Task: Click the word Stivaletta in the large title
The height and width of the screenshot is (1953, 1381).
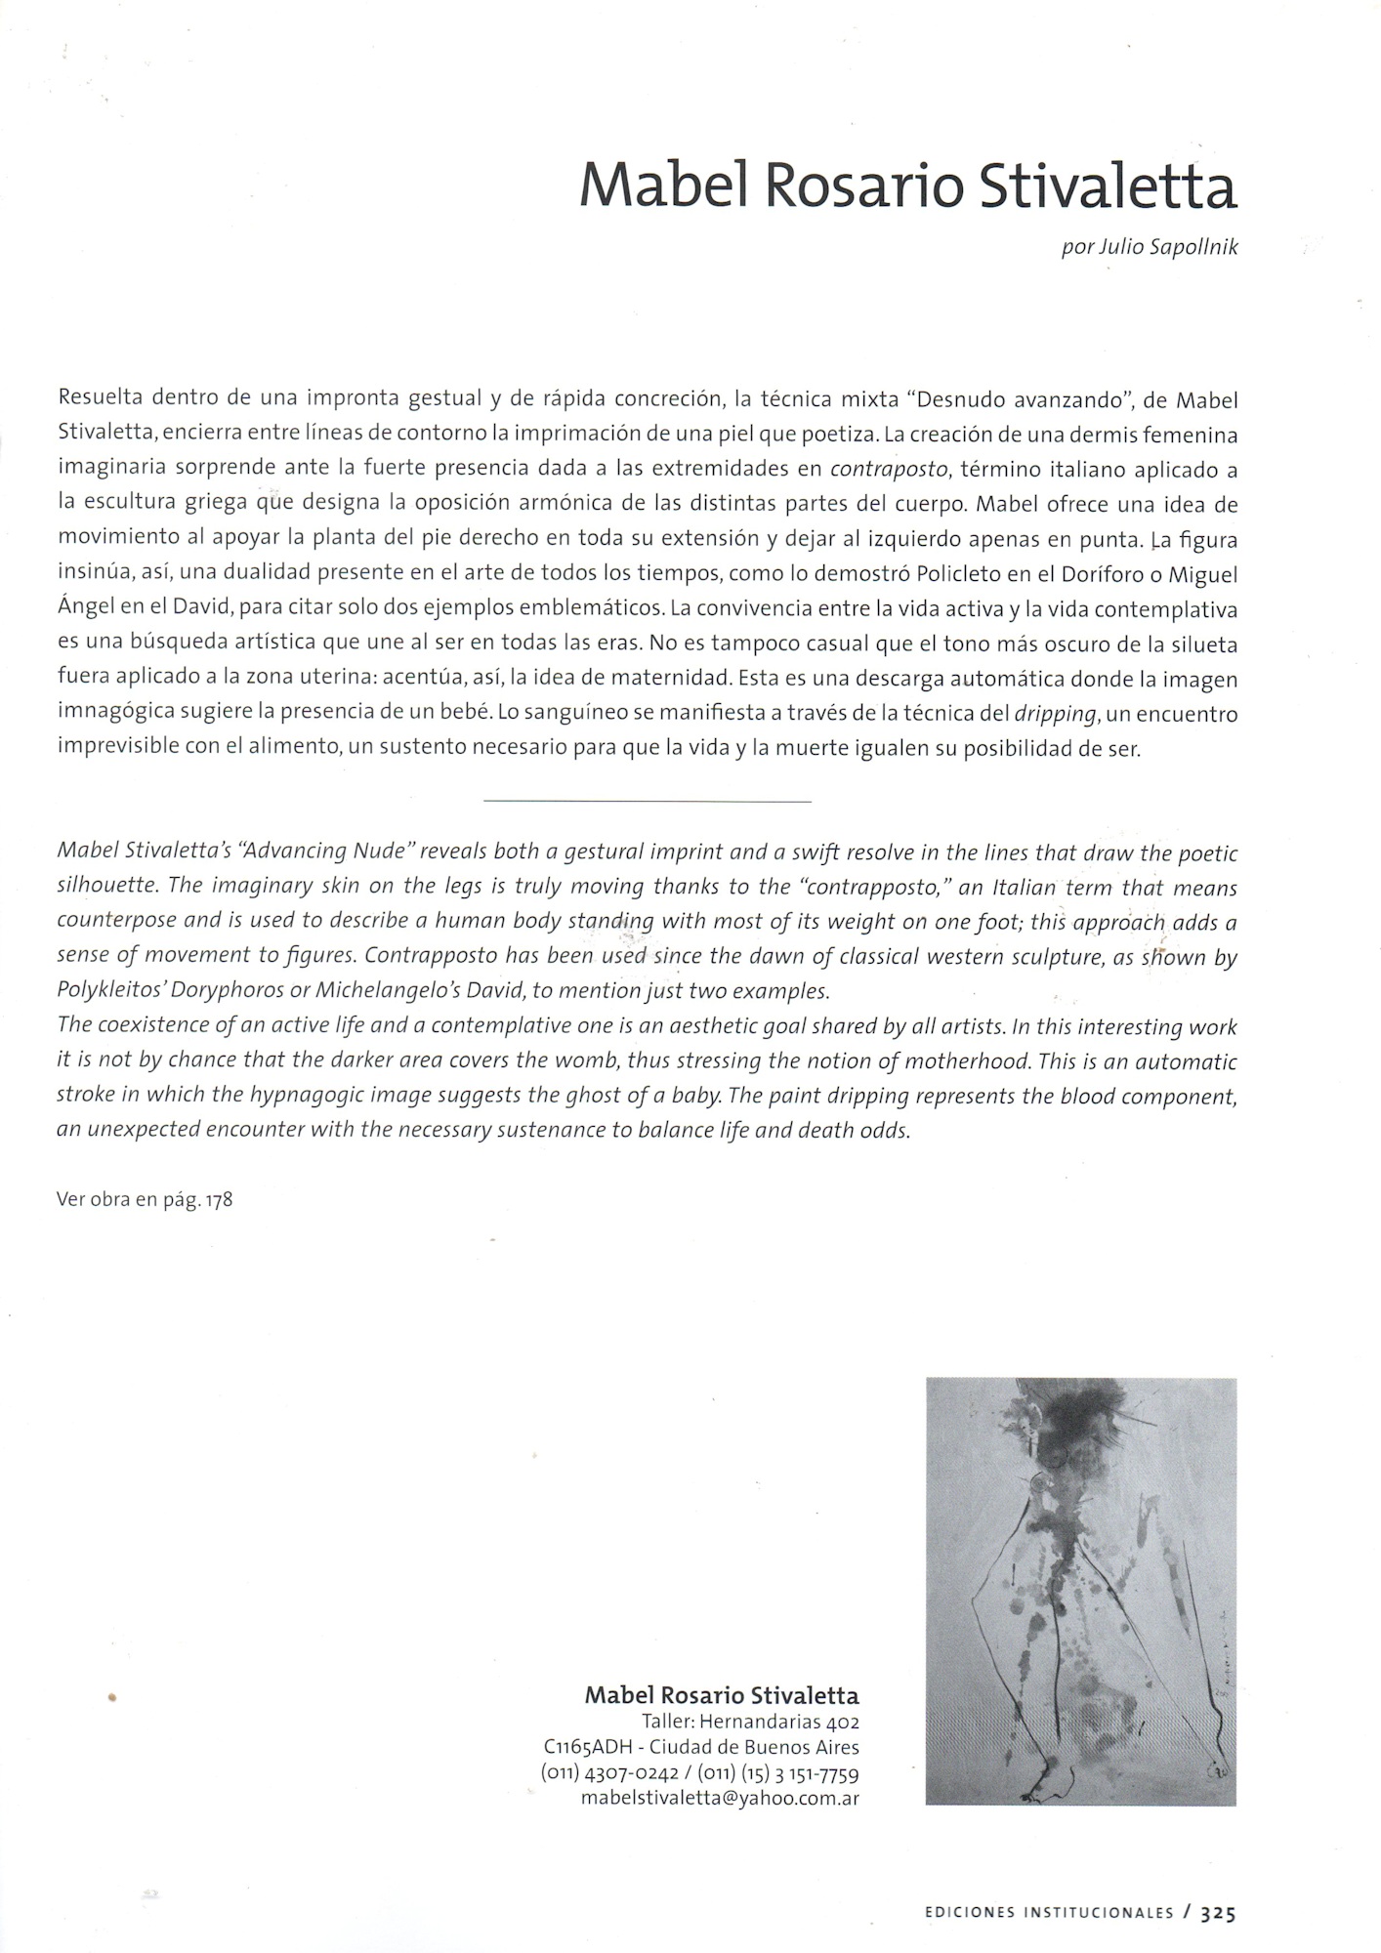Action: pos(1108,187)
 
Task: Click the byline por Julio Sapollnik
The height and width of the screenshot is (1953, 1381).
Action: pos(1149,247)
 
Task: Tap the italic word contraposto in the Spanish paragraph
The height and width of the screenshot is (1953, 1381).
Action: pos(889,470)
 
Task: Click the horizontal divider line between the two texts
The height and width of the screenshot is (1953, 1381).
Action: pos(647,802)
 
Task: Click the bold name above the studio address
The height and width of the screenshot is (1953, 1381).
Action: pos(721,1695)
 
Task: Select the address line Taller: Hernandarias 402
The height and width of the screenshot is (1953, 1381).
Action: pos(750,1722)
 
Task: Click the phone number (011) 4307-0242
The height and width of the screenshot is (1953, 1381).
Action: pos(608,1772)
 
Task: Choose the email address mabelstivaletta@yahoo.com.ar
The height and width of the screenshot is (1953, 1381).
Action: pos(720,1798)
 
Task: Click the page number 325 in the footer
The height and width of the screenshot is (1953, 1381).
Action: pos(1219,1914)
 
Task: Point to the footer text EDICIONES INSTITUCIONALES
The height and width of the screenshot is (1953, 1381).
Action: pos(1048,1914)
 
